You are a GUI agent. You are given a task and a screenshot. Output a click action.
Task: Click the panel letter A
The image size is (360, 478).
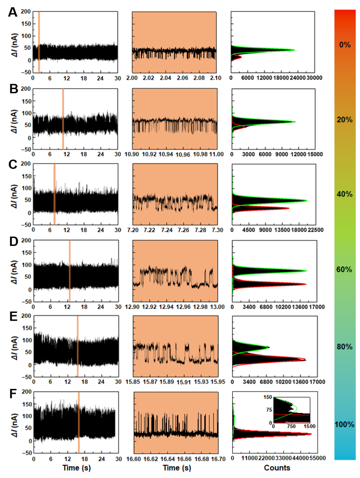(13, 12)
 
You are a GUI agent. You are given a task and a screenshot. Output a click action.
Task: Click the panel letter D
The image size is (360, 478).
(13, 242)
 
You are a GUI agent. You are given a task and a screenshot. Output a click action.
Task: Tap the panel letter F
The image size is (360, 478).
(13, 394)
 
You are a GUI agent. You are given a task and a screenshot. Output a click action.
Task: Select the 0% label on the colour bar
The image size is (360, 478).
(345, 45)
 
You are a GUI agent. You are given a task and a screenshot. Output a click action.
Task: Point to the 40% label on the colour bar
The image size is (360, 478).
(344, 194)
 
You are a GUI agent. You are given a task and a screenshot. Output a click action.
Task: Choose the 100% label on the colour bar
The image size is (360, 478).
(344, 424)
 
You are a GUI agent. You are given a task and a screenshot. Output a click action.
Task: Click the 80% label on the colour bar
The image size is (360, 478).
(344, 347)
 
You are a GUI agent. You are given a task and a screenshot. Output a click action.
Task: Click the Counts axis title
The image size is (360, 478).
(277, 468)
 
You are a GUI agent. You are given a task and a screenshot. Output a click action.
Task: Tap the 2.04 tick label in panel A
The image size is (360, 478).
(165, 78)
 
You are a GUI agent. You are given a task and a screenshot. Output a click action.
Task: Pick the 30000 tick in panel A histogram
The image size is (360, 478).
(314, 78)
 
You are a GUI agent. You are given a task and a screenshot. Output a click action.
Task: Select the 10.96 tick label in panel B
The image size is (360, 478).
(183, 155)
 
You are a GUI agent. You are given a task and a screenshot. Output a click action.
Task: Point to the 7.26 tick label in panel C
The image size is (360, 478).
(184, 230)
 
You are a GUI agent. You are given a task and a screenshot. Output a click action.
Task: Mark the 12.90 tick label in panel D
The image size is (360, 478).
(132, 307)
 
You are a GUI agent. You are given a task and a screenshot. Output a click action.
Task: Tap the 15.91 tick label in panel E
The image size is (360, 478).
(184, 382)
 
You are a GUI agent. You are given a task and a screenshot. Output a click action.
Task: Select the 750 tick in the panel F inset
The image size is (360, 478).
(291, 427)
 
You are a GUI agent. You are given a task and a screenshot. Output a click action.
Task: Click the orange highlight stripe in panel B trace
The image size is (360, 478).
(63, 119)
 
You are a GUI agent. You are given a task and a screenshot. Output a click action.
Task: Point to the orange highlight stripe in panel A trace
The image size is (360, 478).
(39, 42)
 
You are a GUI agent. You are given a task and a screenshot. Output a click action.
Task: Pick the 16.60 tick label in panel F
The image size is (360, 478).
(133, 459)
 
